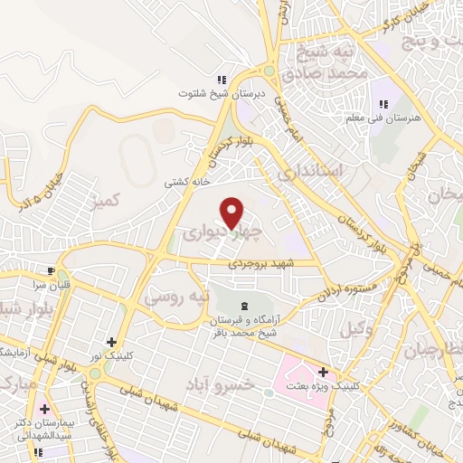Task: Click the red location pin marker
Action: pyautogui.click(x=233, y=213)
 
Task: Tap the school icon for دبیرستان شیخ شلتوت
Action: pyautogui.click(x=222, y=80)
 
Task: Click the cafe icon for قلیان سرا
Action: pyautogui.click(x=52, y=269)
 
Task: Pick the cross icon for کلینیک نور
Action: pyautogui.click(x=110, y=342)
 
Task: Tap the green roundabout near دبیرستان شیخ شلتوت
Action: pyautogui.click(x=269, y=71)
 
